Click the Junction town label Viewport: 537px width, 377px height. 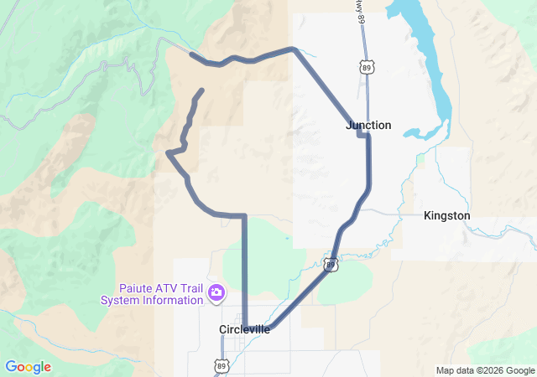click(x=368, y=125)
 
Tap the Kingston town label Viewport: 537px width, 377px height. click(x=446, y=215)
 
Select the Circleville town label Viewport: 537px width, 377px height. click(x=244, y=329)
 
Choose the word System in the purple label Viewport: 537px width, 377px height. click(x=120, y=300)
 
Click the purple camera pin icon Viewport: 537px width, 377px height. click(x=216, y=292)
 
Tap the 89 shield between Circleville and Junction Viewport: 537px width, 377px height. click(x=331, y=266)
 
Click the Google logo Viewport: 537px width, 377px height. click(x=28, y=367)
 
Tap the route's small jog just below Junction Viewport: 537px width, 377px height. click(x=363, y=133)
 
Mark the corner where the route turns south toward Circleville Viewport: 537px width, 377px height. click(x=244, y=216)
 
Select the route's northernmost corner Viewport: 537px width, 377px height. click(x=293, y=49)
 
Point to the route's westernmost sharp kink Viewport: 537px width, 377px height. click(x=169, y=152)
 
